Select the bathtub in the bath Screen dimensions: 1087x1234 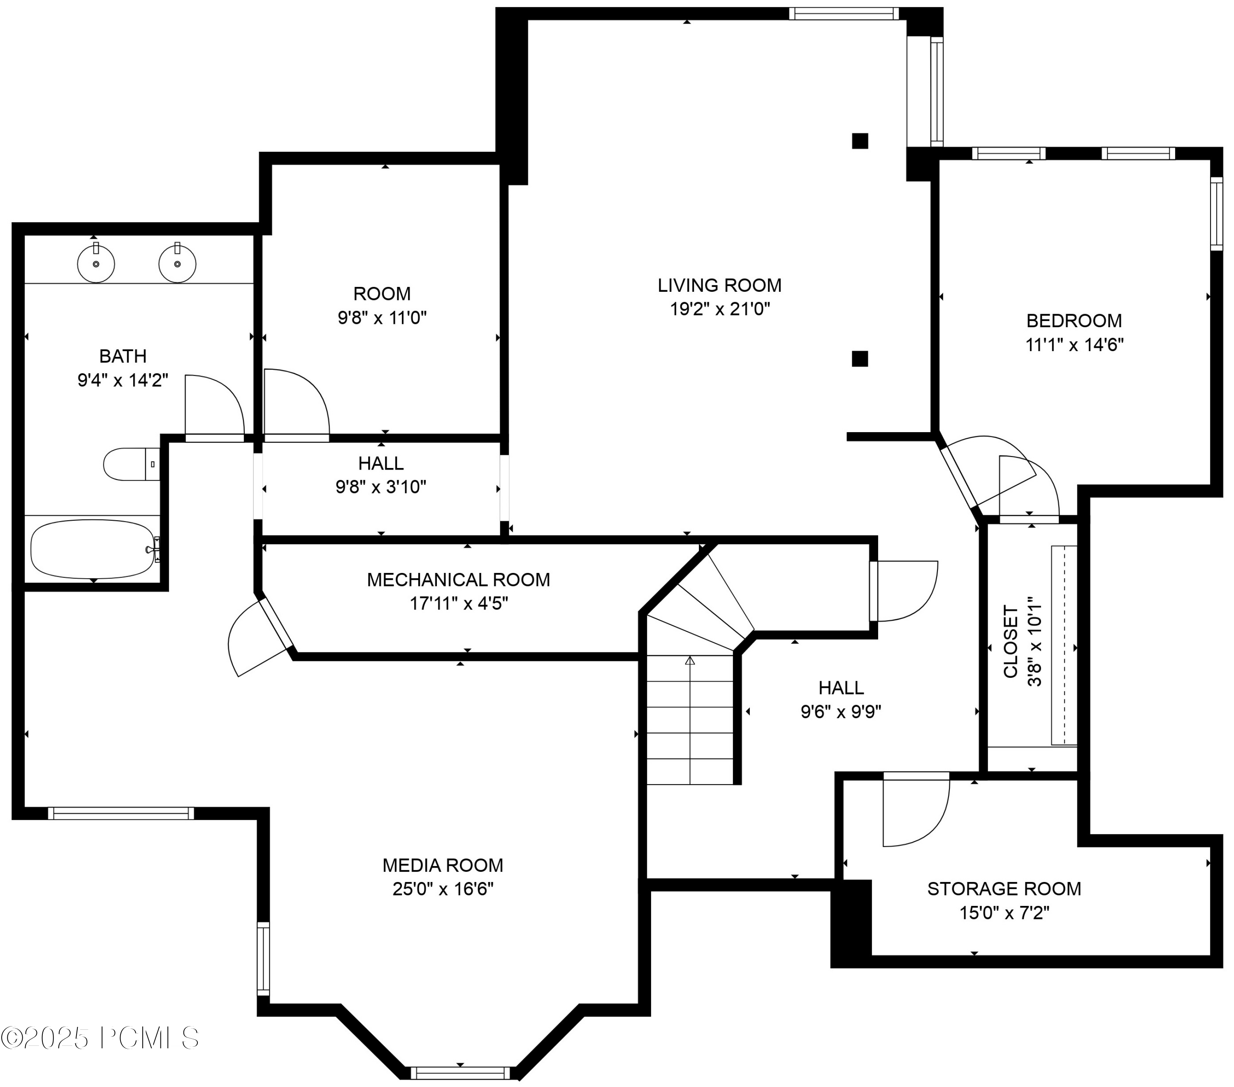coord(93,549)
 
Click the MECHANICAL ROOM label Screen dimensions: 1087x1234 coord(458,580)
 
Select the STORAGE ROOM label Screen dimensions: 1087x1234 coord(1004,889)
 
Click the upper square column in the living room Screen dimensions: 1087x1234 coord(860,141)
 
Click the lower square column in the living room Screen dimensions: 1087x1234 coord(860,359)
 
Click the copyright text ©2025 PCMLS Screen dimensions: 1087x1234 coord(100,1038)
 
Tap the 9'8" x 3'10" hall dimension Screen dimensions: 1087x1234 coord(381,487)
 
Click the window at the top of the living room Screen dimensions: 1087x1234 coord(843,13)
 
